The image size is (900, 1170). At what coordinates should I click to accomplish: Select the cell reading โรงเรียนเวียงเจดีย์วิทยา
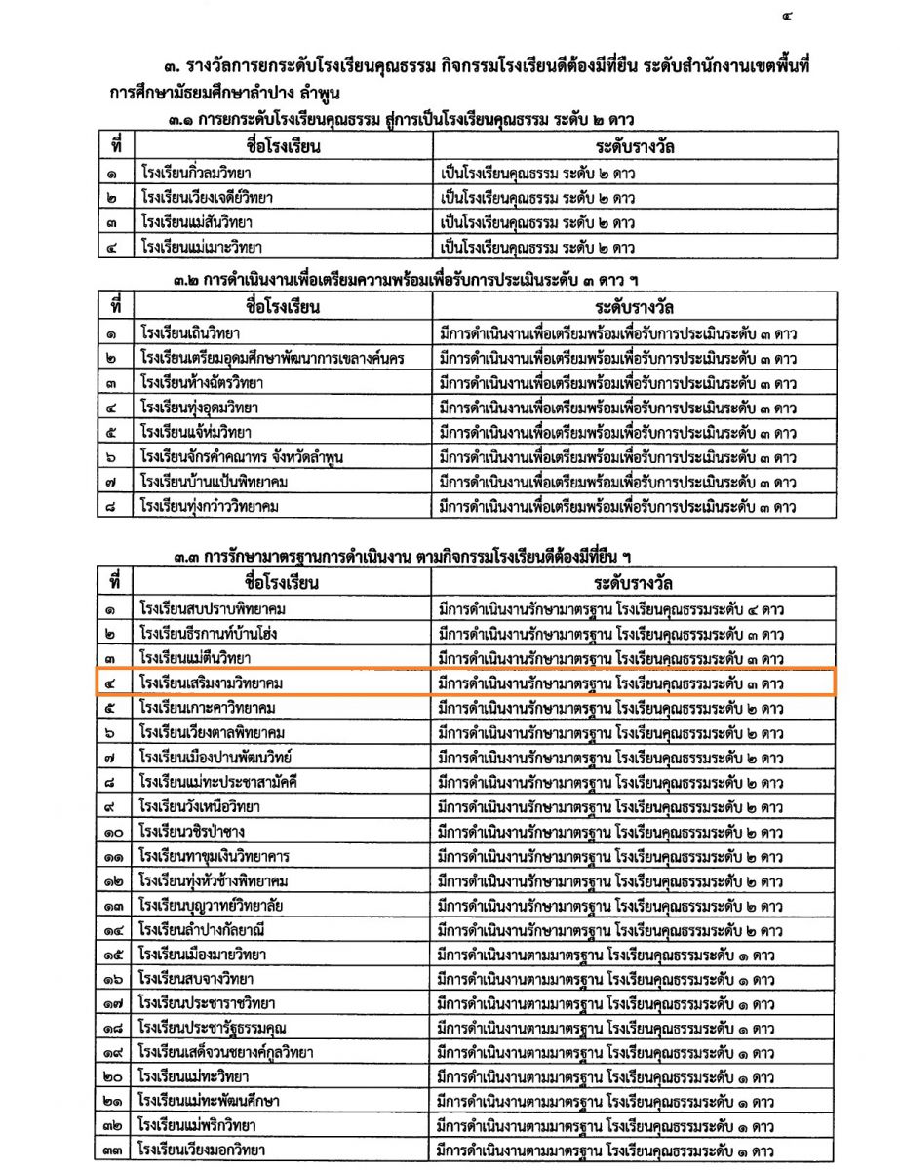[x=206, y=198]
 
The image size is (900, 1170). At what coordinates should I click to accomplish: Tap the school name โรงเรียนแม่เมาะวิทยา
[x=201, y=247]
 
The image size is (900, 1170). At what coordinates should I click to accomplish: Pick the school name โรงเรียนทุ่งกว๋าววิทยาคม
[x=211, y=506]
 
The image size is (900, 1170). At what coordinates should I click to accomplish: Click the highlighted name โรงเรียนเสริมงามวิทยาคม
[x=215, y=683]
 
